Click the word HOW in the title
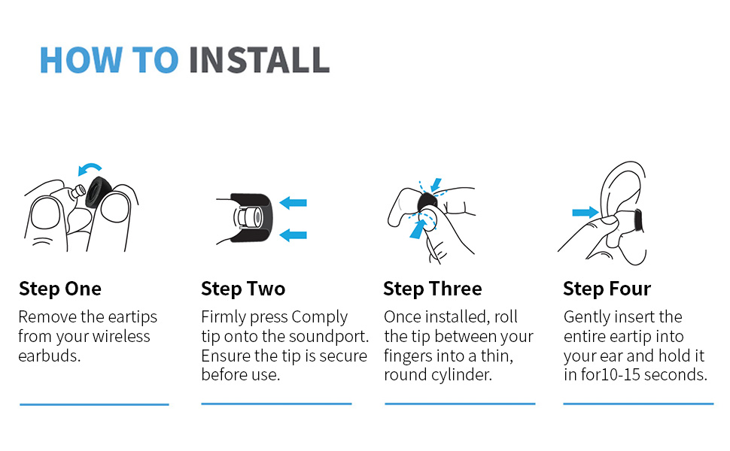(x=81, y=60)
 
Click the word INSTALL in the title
(x=260, y=60)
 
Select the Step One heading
(x=60, y=289)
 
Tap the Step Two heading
(x=243, y=289)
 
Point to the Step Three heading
(x=433, y=289)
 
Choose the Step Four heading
(x=607, y=289)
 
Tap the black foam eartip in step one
(x=99, y=192)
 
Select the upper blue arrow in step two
(x=293, y=203)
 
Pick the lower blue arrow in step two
(x=293, y=235)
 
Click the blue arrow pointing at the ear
(x=586, y=213)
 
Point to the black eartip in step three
(x=427, y=201)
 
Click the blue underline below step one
(x=94, y=404)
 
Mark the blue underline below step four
(x=638, y=404)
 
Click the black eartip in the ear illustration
(x=638, y=220)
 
